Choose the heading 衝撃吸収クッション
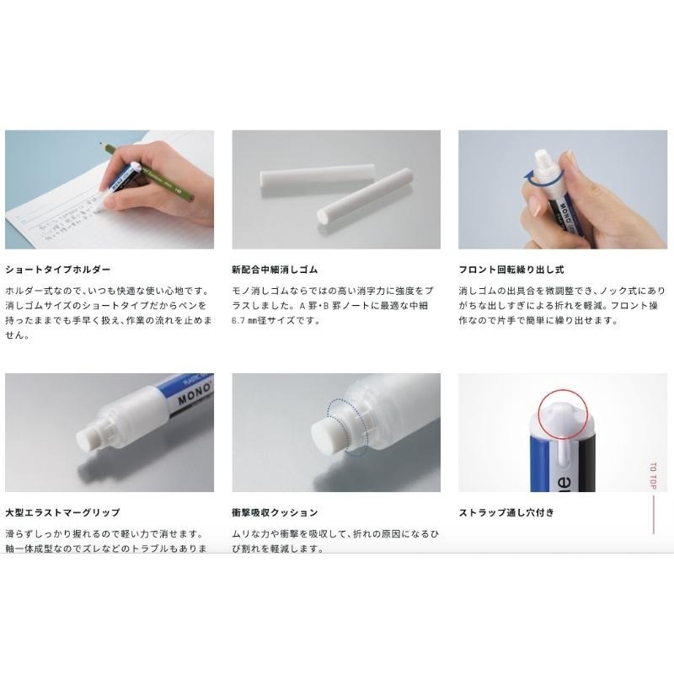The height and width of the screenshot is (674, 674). point(275,512)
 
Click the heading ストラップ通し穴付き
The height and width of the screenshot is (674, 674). point(505,512)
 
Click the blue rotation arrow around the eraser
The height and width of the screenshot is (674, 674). point(530,178)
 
